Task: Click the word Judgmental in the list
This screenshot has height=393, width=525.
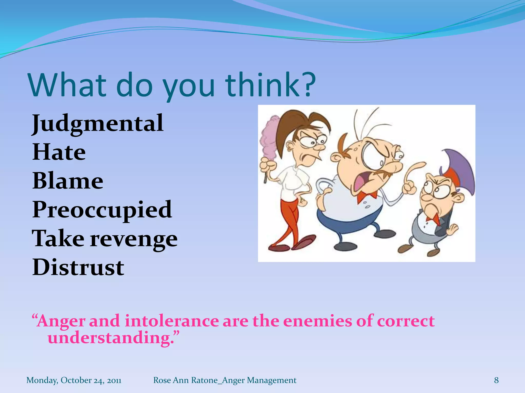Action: (97, 124)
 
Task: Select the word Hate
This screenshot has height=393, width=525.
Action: (59, 152)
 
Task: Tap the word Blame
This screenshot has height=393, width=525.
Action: (68, 181)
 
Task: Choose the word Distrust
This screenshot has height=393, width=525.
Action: (78, 268)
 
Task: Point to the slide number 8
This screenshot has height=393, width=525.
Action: (496, 380)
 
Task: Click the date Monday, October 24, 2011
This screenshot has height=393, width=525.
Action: (74, 380)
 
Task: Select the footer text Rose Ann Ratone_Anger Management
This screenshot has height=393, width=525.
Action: (225, 380)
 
